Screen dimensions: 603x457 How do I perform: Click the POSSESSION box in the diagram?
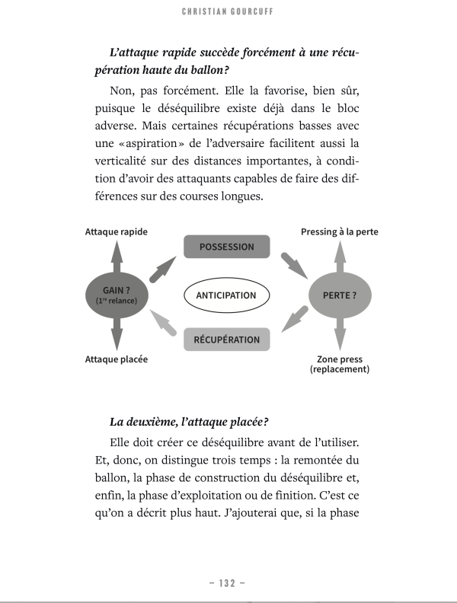coord(226,247)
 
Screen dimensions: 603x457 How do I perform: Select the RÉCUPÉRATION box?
coord(226,340)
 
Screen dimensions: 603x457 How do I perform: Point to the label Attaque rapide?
coord(116,231)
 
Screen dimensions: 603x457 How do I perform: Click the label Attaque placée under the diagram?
coord(116,359)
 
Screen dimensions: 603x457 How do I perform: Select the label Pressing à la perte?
coord(340,231)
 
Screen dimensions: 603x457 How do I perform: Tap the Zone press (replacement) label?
coord(340,364)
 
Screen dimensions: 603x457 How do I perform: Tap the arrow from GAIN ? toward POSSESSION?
coord(162,268)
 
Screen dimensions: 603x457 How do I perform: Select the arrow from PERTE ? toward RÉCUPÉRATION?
coord(292,321)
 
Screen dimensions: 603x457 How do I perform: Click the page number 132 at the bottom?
coord(226,583)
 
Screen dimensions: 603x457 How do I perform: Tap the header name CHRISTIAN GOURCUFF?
coord(228,12)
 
